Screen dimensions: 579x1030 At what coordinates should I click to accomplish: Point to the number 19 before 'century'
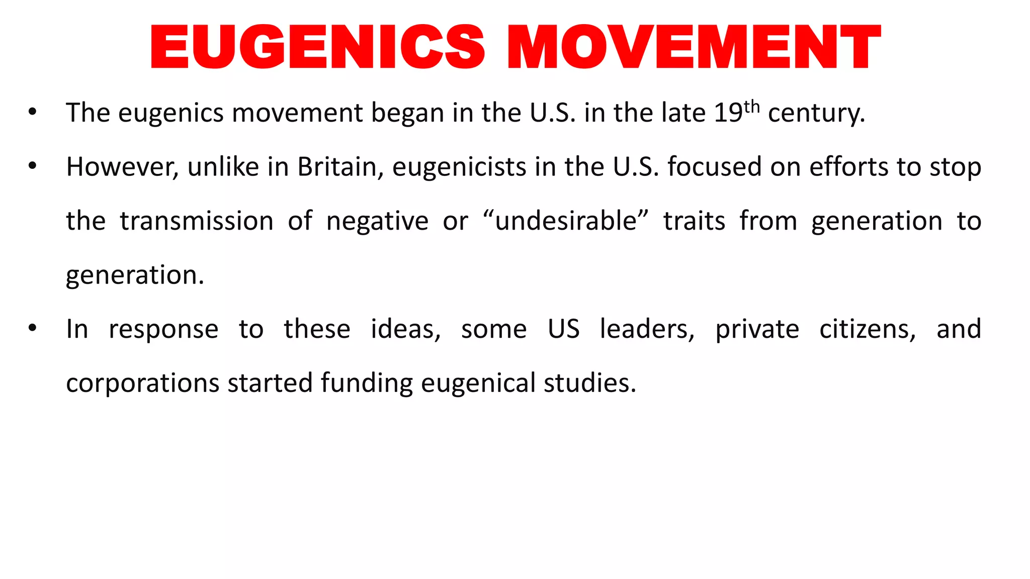(728, 113)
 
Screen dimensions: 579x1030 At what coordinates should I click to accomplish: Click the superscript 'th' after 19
(751, 107)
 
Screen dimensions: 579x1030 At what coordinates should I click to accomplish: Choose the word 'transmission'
(197, 221)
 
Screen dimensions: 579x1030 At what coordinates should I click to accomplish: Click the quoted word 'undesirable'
(566, 221)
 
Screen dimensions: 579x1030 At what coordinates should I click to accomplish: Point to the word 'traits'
(694, 221)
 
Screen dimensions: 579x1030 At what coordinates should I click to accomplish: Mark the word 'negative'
(377, 221)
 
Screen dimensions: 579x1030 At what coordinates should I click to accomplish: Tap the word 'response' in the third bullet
(163, 329)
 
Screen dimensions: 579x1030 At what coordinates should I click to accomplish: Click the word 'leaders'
(647, 329)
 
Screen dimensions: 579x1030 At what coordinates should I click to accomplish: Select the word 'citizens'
(868, 329)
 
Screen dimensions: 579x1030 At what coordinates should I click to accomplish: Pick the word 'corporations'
(143, 383)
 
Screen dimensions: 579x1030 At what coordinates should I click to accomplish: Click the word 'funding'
(367, 383)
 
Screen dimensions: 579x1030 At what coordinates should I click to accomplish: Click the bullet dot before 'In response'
(33, 329)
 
